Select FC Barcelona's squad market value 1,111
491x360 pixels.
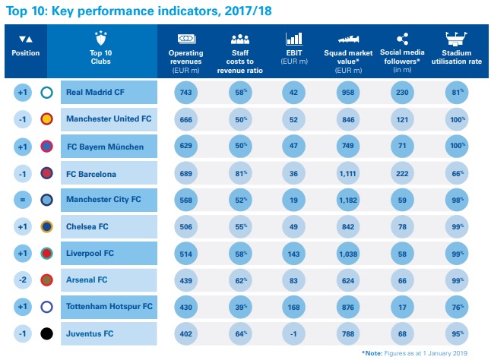tap(349, 172)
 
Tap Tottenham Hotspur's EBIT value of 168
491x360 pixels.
tap(294, 306)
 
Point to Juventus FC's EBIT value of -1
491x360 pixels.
tap(294, 333)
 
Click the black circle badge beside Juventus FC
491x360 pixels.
tap(46, 333)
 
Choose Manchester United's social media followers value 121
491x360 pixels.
tap(403, 119)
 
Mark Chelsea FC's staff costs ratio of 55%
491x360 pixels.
tap(240, 226)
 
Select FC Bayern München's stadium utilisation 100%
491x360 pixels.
tap(457, 146)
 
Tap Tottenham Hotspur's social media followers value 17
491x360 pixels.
tap(403, 306)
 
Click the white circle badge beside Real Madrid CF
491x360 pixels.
tap(46, 93)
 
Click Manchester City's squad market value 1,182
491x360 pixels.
tap(349, 200)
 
